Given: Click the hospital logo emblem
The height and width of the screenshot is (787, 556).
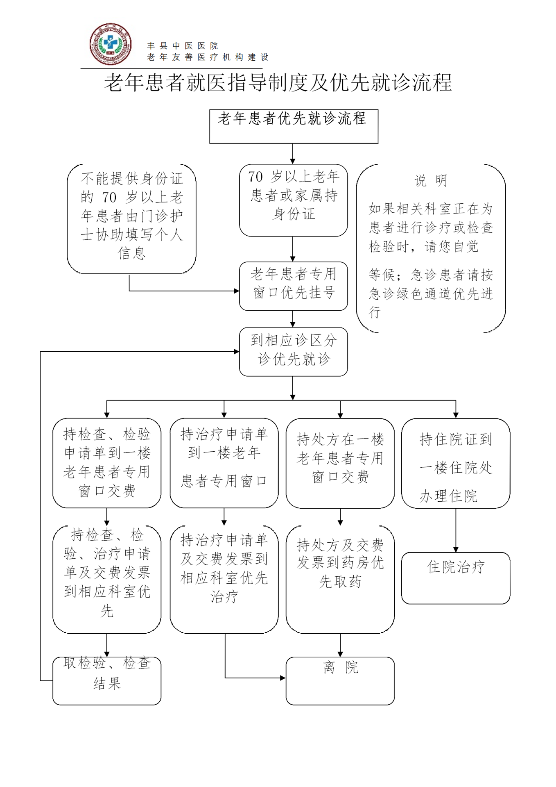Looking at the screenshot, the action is [x=111, y=44].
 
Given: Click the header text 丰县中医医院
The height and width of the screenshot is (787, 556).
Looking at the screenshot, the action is [x=183, y=46].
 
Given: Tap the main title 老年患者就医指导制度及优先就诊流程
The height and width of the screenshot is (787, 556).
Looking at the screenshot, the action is [x=278, y=82].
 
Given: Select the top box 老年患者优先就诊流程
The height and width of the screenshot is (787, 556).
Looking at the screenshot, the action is [x=294, y=126].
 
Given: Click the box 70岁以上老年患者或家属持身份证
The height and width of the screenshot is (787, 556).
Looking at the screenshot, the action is [x=293, y=200].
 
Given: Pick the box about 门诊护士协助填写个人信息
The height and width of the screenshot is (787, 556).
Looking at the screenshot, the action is [x=131, y=219].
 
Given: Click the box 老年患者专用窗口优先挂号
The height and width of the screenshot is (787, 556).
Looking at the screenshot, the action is [x=293, y=286].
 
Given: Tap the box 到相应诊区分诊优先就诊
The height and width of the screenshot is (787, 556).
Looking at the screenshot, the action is [x=293, y=352].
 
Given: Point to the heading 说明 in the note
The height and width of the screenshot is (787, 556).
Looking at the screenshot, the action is [x=431, y=180].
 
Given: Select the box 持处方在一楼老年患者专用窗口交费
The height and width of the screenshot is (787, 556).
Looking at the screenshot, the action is [x=340, y=463].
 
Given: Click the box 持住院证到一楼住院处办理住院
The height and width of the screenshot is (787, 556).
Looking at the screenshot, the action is [x=456, y=463].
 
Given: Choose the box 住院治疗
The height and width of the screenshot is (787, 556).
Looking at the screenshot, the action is [x=456, y=578].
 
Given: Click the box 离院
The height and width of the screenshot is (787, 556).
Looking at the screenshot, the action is [x=340, y=681].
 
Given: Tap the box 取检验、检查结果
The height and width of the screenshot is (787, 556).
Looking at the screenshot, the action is [x=107, y=681].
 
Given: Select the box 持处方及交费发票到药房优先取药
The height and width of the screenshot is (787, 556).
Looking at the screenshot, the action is [x=340, y=580].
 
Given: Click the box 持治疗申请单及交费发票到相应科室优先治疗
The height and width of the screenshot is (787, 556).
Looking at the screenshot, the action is [x=224, y=580].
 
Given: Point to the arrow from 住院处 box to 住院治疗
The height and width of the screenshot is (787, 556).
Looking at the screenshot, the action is [x=456, y=530].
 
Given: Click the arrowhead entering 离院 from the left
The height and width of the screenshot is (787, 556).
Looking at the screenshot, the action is [x=283, y=678].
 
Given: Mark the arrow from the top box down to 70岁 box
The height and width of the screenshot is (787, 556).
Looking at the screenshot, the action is [x=293, y=154].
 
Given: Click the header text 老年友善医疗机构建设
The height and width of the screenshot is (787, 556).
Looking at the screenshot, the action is [x=208, y=57].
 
